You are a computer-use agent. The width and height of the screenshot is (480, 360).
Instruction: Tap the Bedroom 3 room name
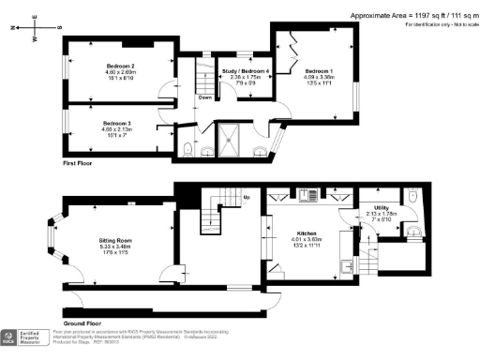pos(116,124)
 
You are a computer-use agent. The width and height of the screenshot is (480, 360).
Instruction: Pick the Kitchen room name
pos(307,232)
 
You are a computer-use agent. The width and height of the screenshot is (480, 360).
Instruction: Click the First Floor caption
pos(82,163)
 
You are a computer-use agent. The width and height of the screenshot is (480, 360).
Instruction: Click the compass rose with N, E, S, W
pos(27,27)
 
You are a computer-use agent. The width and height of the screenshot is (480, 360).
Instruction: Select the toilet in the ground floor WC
pos(413,197)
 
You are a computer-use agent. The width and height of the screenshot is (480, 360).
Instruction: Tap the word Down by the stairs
pos(204,97)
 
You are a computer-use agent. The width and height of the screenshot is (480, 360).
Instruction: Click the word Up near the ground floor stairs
pos(247,198)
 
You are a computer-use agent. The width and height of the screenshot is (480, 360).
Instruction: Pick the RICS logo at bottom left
pos(14,337)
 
